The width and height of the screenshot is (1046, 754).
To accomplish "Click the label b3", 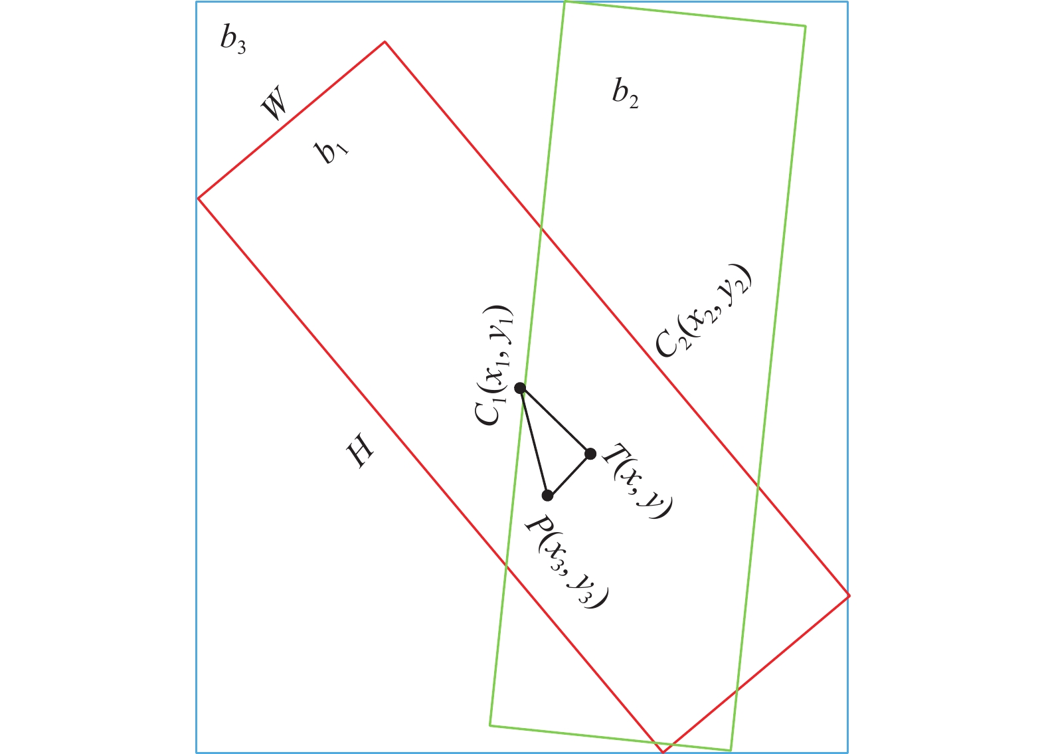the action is click(233, 42).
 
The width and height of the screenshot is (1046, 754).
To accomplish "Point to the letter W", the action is click(275, 105).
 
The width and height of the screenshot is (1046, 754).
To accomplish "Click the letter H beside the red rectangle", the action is click(361, 454).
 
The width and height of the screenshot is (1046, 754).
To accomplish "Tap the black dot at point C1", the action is click(520, 388).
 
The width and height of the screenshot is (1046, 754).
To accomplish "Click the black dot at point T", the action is click(590, 454).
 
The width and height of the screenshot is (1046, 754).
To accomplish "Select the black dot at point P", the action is click(547, 496).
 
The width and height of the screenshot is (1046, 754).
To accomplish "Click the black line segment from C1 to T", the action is click(555, 421).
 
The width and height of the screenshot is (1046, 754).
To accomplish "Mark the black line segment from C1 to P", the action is click(533, 441).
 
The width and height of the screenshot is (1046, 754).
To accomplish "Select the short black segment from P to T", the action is click(569, 474).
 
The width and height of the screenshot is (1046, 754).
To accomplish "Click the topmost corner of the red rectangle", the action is click(385, 42).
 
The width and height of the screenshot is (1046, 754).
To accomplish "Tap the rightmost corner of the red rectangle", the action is click(849, 596).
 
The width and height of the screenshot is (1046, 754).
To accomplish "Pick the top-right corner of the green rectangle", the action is click(806, 27).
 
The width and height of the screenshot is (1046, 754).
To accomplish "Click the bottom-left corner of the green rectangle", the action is click(490, 725).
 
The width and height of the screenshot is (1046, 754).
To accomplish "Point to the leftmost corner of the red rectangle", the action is click(199, 198).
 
